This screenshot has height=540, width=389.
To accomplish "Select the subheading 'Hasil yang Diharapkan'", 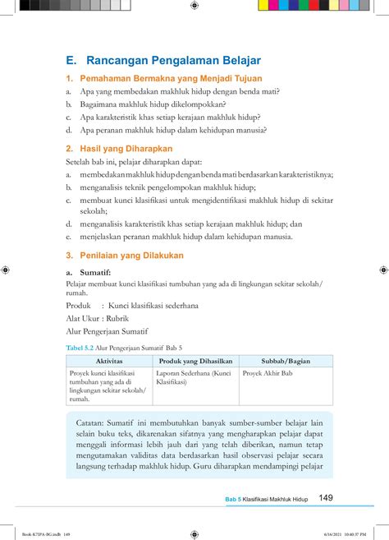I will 126,149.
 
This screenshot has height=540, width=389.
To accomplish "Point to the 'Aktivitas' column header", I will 108,361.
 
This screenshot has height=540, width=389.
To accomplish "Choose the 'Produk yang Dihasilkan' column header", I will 195,361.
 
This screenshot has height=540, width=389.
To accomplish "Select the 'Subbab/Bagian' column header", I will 286,361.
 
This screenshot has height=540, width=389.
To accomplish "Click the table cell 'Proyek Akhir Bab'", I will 268,373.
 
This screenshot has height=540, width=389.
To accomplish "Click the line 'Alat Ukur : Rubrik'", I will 98,318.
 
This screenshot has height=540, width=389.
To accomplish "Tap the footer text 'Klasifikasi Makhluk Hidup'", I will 275,499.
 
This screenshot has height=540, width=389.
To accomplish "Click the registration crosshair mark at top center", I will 194,6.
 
